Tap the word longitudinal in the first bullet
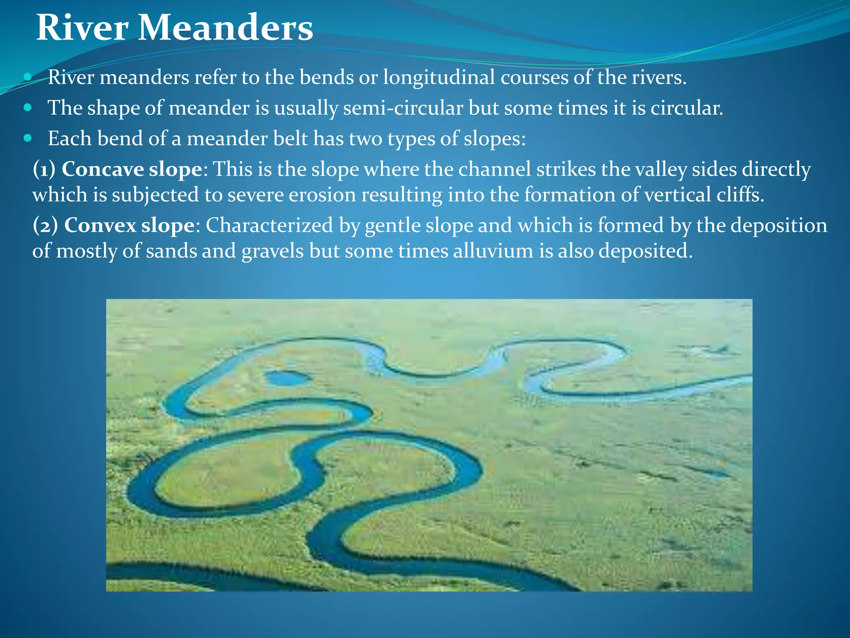click(x=439, y=77)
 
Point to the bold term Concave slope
click(x=132, y=169)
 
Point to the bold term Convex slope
click(x=129, y=226)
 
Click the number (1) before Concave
click(x=44, y=169)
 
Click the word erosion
click(x=322, y=195)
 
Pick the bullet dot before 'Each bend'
click(x=28, y=138)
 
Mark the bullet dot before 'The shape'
click(x=28, y=108)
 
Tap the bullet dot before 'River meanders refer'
click(x=28, y=77)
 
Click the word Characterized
click(x=269, y=226)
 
